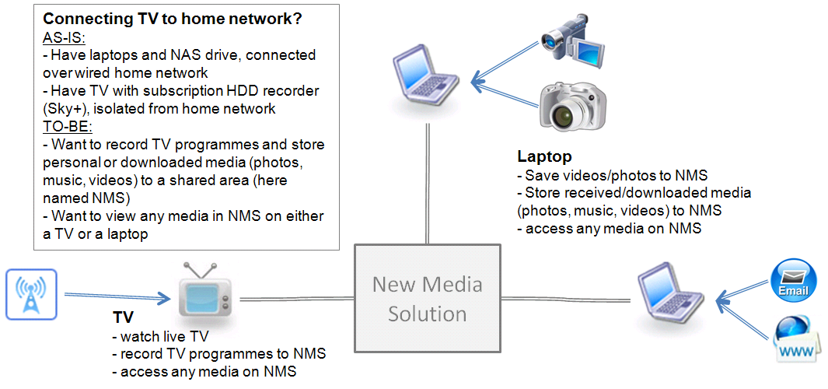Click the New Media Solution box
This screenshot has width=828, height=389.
coord(427,299)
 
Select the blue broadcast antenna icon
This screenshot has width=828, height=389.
coord(31,294)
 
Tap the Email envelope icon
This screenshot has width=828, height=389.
coord(792,281)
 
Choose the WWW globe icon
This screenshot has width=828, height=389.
coord(795,339)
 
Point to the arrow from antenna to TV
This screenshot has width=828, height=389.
coord(117,296)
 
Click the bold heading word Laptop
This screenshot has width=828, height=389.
coord(543,156)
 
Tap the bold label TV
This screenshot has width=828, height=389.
coord(122,318)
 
